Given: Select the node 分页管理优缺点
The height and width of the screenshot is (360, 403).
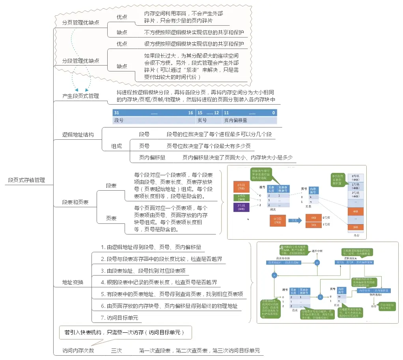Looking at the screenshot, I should pyautogui.click(x=80, y=22).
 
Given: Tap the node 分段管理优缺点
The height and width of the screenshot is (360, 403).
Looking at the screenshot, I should pyautogui.click(x=80, y=61).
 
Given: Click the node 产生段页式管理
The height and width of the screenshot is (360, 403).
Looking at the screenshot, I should pyautogui.click(x=80, y=96).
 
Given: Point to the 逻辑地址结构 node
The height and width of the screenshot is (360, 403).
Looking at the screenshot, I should pyautogui.click(x=78, y=135).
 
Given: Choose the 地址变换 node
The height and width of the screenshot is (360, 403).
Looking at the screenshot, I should pyautogui.click(x=73, y=282).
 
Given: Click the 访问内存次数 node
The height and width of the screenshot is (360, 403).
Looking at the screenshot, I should pyautogui.click(x=78, y=351).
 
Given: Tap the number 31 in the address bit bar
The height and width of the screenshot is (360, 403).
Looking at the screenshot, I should pyautogui.click(x=117, y=113).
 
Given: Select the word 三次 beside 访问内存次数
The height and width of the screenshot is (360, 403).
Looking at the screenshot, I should pyautogui.click(x=116, y=351).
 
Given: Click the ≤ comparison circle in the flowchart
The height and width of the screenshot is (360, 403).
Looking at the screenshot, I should pyautogui.click(x=317, y=262).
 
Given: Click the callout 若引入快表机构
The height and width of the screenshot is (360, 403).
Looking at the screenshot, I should pyautogui.click(x=125, y=332).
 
